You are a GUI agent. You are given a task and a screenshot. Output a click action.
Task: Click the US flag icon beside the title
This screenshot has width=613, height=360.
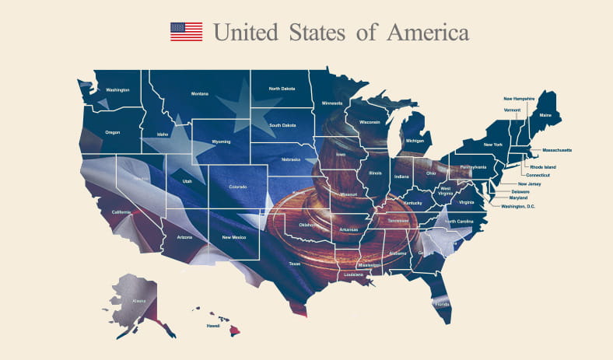coord(186,32)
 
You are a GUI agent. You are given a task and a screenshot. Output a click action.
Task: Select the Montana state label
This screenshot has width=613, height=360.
coord(199,93)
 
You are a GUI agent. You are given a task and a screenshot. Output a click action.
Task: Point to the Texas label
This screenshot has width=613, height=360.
coord(294,264)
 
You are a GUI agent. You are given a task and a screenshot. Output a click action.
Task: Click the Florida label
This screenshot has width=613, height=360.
coord(443,304)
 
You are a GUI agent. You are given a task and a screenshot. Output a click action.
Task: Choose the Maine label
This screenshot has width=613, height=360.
coord(545,115)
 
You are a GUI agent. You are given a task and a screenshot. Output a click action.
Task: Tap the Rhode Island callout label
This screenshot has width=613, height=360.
coord(544,166)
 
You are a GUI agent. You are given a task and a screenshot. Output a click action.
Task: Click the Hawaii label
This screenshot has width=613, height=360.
coord(212,327)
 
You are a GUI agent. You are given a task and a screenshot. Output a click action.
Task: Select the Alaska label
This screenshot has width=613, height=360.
coord(138,300)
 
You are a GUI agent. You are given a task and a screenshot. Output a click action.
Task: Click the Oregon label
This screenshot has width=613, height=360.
coord(112,132)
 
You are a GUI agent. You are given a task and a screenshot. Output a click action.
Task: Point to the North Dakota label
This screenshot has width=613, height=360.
coord(282,89)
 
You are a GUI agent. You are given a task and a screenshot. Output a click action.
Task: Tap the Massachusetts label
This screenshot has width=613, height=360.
coord(556,149)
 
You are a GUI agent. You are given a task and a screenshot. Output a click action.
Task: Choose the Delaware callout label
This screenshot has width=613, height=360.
coord(520,190)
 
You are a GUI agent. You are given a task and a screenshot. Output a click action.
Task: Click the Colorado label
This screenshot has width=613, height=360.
coord(237,187)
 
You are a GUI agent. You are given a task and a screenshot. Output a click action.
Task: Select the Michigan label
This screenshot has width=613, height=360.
coord(415,141)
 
